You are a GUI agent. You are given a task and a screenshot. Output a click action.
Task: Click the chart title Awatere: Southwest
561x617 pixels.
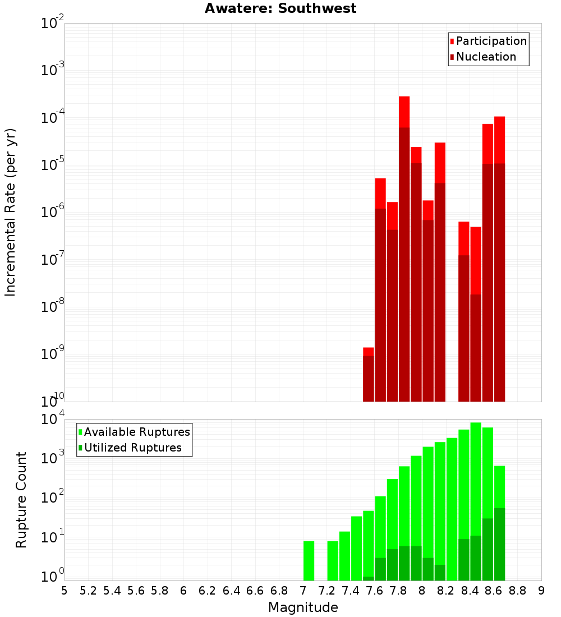click(x=280, y=8)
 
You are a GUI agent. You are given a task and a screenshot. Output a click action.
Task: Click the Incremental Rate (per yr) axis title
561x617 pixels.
click(x=11, y=212)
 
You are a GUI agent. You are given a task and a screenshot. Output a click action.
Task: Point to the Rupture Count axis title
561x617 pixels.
click(x=21, y=499)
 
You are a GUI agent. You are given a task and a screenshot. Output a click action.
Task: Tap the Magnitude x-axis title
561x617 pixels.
click(x=303, y=607)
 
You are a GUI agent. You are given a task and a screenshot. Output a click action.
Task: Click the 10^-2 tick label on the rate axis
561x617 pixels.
click(x=52, y=24)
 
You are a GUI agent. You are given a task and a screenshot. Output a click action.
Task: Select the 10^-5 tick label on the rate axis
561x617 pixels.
click(x=52, y=165)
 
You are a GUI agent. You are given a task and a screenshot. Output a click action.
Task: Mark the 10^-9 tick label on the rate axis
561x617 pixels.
click(x=52, y=354)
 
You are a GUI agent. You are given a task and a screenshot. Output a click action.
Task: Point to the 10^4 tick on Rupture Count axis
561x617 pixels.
click(x=52, y=420)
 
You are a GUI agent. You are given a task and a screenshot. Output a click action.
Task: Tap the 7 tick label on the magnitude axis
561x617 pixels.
click(x=303, y=591)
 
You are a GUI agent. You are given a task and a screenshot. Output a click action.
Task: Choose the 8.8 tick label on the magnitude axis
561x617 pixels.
click(x=517, y=591)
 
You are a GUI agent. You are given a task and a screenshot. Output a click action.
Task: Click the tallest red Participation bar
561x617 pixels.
click(x=404, y=112)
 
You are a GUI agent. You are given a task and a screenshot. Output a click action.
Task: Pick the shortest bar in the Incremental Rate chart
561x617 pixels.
click(x=368, y=376)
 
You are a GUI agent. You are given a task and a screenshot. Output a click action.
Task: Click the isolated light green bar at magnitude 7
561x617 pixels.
click(x=309, y=560)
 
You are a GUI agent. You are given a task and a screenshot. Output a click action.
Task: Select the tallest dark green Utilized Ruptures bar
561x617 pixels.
click(x=499, y=544)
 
